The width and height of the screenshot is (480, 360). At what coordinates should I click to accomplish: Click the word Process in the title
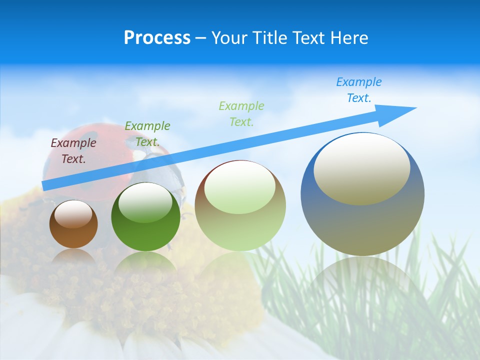(157, 38)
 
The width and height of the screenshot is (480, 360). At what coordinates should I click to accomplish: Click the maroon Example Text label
(73, 151)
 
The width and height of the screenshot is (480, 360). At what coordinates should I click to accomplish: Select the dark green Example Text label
(147, 134)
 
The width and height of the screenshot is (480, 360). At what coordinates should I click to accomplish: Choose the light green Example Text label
(241, 113)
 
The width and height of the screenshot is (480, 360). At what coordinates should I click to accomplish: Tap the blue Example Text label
(358, 90)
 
